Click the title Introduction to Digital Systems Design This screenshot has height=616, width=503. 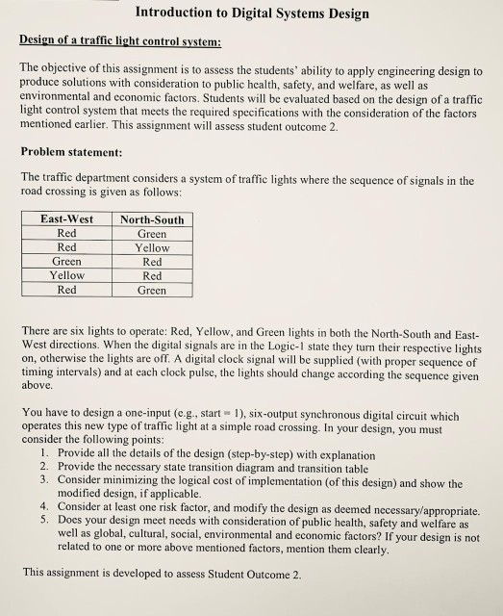point(252,13)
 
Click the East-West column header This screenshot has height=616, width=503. point(66,219)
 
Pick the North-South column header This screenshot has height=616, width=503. point(151,219)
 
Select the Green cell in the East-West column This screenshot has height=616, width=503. point(66,261)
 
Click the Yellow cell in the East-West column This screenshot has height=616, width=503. point(66,275)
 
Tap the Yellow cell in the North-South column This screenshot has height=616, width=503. point(151,247)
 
